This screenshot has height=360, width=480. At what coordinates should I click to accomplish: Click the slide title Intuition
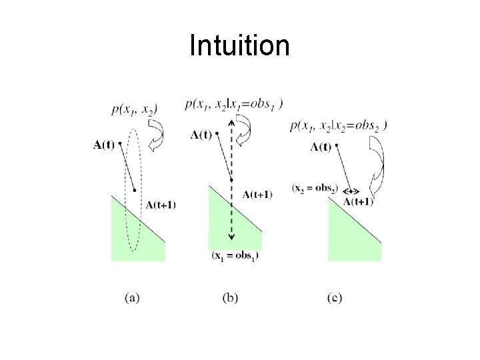pyautogui.click(x=239, y=45)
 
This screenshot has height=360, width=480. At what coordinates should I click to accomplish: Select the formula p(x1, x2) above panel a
pyautogui.click(x=135, y=110)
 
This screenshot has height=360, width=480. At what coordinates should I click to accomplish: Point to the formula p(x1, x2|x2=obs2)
pyautogui.click(x=339, y=126)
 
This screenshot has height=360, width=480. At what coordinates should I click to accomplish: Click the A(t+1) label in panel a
pyautogui.click(x=161, y=205)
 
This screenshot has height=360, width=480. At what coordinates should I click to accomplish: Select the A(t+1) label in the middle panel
pyautogui.click(x=257, y=194)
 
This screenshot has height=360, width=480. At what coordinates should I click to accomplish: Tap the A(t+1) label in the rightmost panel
pyautogui.click(x=358, y=201)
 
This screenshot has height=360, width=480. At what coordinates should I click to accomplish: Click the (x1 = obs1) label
pyautogui.click(x=235, y=256)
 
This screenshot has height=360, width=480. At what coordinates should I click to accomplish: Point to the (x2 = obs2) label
pyautogui.click(x=315, y=188)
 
